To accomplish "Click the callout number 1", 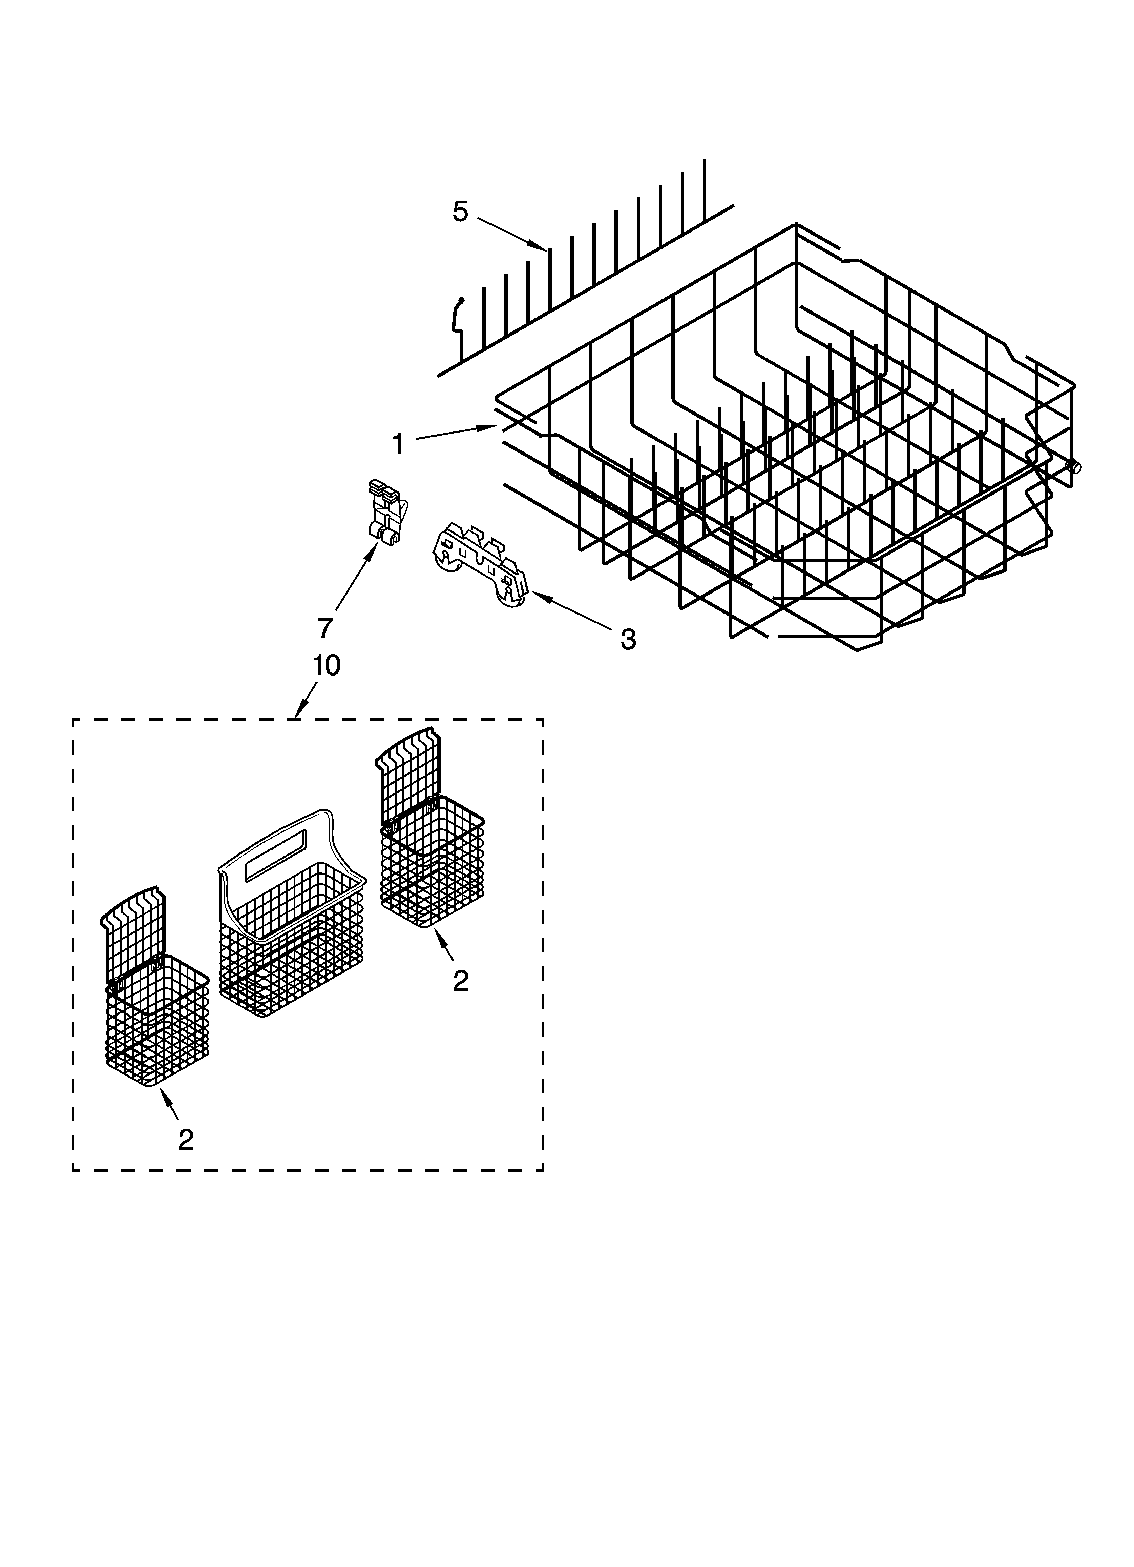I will pos(398,443).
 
